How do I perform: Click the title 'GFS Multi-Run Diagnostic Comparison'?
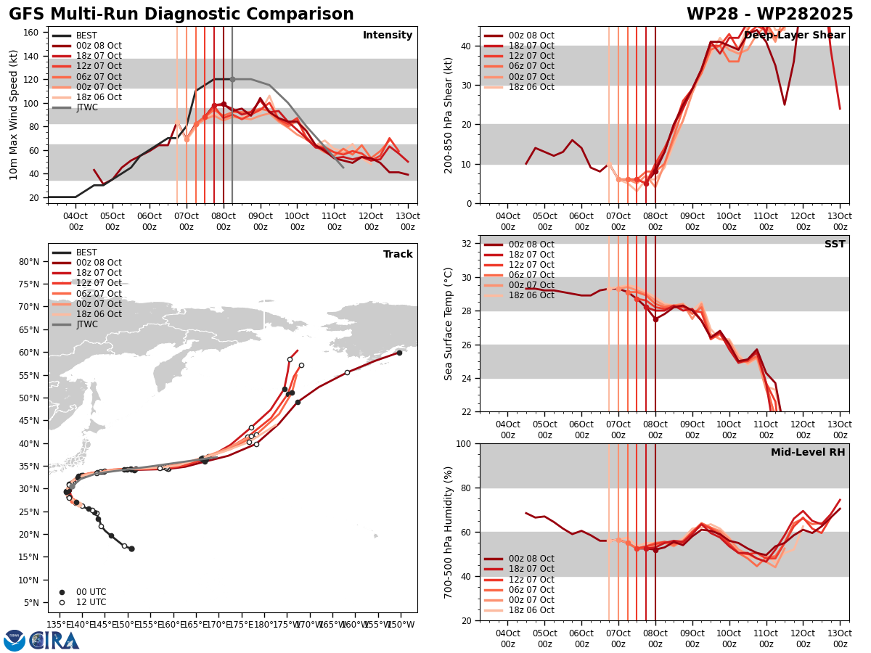click(181, 15)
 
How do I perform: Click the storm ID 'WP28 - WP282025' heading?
click(769, 15)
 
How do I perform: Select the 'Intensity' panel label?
click(388, 36)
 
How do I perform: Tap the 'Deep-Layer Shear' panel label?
click(794, 36)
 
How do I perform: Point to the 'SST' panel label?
click(835, 245)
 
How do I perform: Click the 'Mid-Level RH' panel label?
click(808, 453)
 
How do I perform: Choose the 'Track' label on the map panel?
click(398, 255)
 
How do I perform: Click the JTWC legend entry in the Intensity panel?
click(86, 107)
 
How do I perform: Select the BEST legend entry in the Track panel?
click(86, 252)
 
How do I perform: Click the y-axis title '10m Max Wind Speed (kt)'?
click(14, 115)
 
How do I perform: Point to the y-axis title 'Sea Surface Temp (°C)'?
click(449, 324)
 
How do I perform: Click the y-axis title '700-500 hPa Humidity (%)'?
click(449, 532)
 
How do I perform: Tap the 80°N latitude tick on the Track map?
click(29, 262)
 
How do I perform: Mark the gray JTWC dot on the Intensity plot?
click(232, 79)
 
